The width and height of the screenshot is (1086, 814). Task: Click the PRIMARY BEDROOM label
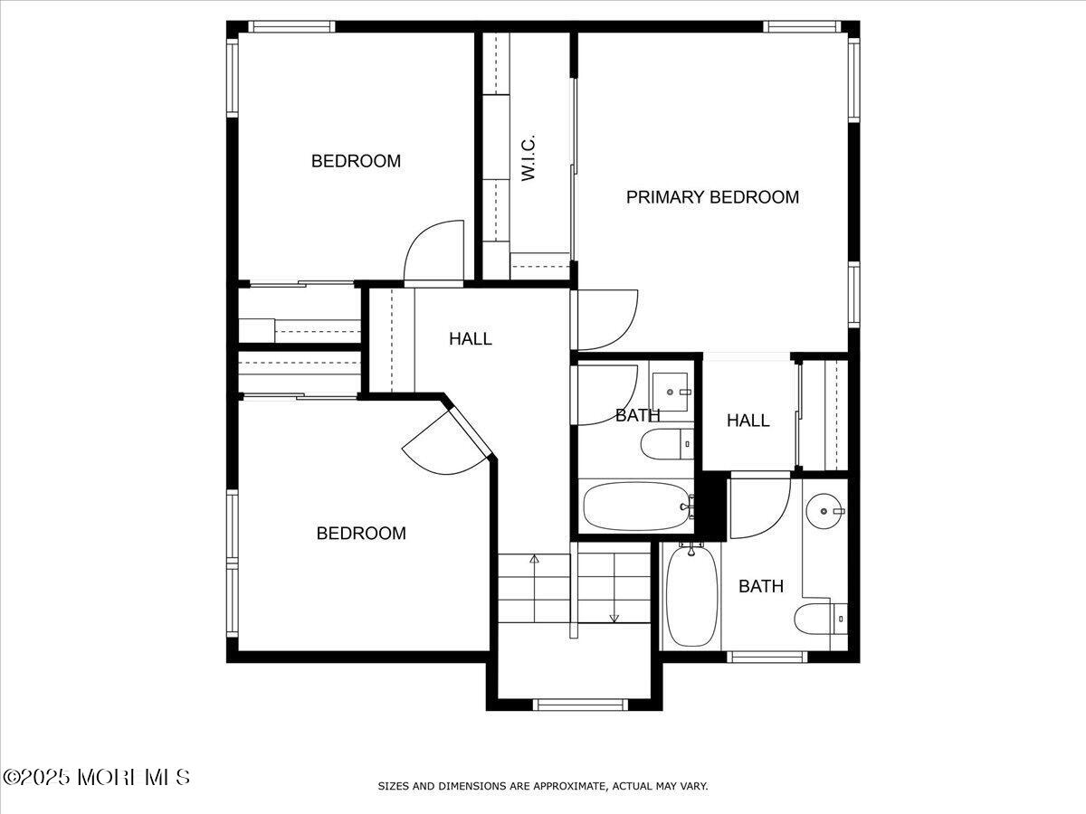(712, 197)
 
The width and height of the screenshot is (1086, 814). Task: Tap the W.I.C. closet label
(529, 158)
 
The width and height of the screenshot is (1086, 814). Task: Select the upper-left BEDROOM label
(356, 161)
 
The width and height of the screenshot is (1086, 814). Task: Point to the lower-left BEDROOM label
(361, 534)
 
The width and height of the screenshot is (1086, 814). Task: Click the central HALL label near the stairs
(471, 339)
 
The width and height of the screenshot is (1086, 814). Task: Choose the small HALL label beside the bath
(748, 421)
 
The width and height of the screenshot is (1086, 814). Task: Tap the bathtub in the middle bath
(636, 506)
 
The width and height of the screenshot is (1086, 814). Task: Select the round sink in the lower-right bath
(824, 512)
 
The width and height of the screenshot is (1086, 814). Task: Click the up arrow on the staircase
(534, 560)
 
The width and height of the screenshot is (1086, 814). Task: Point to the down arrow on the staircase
(614, 618)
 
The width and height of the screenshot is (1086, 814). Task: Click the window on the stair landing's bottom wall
(580, 704)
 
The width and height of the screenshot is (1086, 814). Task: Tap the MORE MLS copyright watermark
(97, 777)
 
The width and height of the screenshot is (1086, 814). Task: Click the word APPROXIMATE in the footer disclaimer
(566, 786)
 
